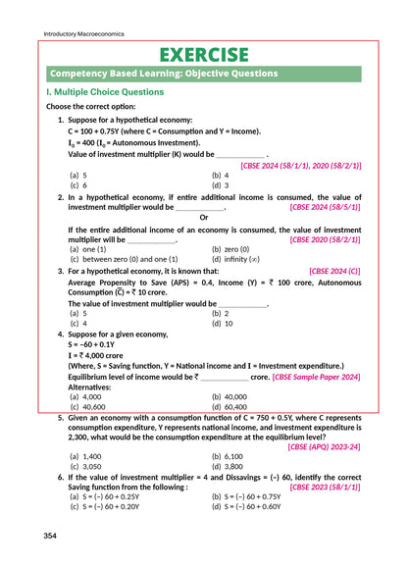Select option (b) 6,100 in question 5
(229, 456)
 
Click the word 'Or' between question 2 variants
(203, 217)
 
